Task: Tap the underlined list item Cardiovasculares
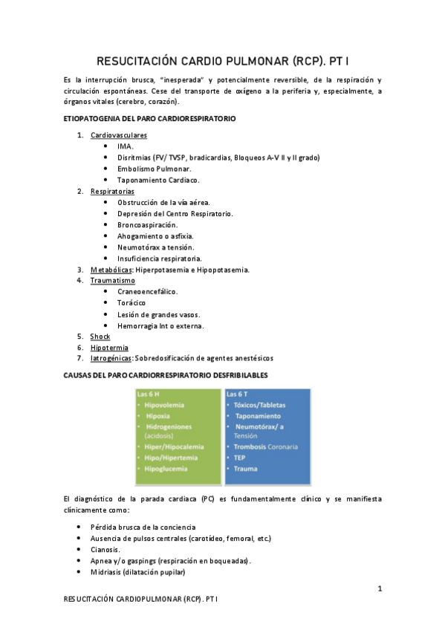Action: pyautogui.click(x=119, y=135)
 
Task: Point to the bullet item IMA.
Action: pyautogui.click(x=126, y=146)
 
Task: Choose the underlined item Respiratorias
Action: pyautogui.click(x=112, y=192)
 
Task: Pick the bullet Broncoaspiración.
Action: pyautogui.click(x=147, y=224)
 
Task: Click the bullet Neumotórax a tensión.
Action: pyautogui.click(x=155, y=247)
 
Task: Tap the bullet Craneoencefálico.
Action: pyautogui.click(x=147, y=292)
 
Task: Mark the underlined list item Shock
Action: pyautogui.click(x=100, y=337)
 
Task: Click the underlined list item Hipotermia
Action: pyautogui.click(x=109, y=348)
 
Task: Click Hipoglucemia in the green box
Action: pyautogui.click(x=166, y=469)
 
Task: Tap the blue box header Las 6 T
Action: pyautogui.click(x=238, y=393)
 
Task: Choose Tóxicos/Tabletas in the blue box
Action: pyautogui.click(x=259, y=405)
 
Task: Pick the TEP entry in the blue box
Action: pyautogui.click(x=241, y=458)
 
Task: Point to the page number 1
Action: pyautogui.click(x=380, y=588)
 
